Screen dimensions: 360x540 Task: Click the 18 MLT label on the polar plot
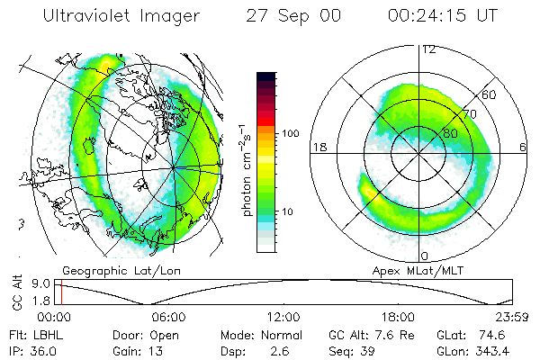319,148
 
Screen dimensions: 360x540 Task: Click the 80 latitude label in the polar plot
440,132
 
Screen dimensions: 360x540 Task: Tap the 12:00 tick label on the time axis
283,318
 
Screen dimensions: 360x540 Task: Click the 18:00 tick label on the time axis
398,318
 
